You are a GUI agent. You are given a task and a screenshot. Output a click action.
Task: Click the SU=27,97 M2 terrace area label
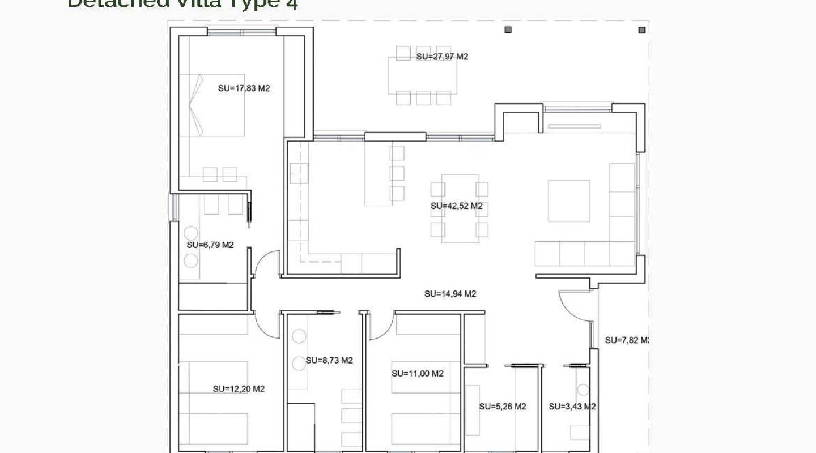coord(442,57)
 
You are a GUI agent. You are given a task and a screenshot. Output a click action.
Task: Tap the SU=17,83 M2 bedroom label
coord(244,88)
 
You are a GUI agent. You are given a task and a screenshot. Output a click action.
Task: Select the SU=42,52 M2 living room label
coord(456,206)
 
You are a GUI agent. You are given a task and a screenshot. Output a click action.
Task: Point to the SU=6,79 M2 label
coord(210,245)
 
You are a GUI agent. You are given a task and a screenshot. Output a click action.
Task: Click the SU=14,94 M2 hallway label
coord(450,294)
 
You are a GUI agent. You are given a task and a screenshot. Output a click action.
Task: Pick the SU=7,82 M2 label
coord(626,340)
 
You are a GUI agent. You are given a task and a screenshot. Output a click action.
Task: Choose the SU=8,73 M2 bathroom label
coord(329,360)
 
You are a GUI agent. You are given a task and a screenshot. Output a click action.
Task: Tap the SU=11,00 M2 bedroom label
coord(417,374)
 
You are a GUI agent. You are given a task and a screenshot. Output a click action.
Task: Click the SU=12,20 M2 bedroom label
coord(239,389)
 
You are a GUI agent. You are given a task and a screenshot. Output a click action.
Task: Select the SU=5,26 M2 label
coord(502,407)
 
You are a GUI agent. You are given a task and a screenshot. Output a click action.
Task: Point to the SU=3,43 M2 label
coord(572,407)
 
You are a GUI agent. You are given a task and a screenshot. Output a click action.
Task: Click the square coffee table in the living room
coord(568,200)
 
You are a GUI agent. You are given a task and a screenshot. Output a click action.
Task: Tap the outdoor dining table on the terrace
coord(423,76)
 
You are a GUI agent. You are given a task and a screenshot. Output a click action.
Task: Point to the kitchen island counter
coord(378,173)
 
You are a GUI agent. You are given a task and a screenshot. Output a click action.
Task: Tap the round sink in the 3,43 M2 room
coord(583,390)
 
